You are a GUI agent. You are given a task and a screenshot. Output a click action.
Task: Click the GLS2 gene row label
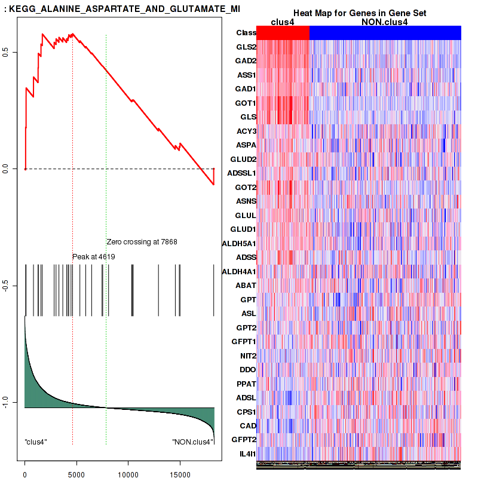pos(246,47)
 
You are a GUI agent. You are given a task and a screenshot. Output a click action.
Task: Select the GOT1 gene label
pos(246,103)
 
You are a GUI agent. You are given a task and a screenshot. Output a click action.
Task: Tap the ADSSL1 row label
pos(243,173)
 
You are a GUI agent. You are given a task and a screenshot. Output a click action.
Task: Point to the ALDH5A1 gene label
pos(239,243)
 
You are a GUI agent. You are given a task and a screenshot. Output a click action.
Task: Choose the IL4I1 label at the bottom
pos(247,454)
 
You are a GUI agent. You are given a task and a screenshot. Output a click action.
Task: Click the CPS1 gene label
pos(246,412)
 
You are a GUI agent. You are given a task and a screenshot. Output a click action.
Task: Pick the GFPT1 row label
pos(244,342)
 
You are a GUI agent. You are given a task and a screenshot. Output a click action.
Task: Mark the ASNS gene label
pos(246,201)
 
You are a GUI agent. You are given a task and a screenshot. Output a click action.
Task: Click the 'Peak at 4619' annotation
pos(93,256)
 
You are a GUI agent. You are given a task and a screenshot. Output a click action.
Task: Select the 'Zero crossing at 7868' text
pos(142,242)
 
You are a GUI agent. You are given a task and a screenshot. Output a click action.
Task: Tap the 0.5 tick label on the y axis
pos(14,53)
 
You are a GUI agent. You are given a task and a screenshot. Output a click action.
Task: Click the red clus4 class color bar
pos(283,33)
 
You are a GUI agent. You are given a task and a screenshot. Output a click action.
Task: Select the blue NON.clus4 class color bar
pos(385,33)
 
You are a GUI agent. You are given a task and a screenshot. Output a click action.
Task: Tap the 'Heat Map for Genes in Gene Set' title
pos(358,13)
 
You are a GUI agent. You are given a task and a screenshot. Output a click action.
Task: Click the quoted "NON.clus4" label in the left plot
pos(192,442)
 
